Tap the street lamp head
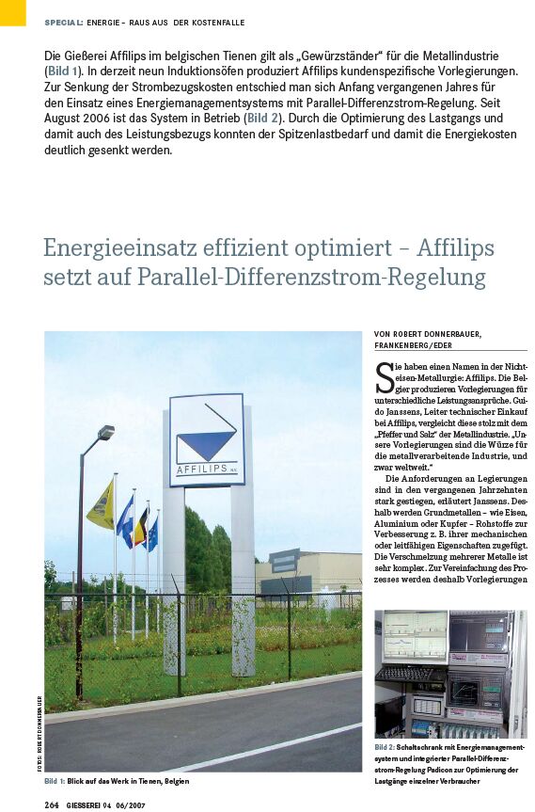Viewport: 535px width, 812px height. click(x=105, y=433)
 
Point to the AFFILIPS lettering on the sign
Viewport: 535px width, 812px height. click(x=206, y=470)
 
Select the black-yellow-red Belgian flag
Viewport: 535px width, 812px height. click(x=141, y=527)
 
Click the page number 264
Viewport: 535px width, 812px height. click(x=53, y=804)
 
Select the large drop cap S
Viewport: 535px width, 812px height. click(x=384, y=378)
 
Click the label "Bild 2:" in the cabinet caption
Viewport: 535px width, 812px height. click(x=388, y=746)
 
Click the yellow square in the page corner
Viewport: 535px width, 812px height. click(x=12, y=12)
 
